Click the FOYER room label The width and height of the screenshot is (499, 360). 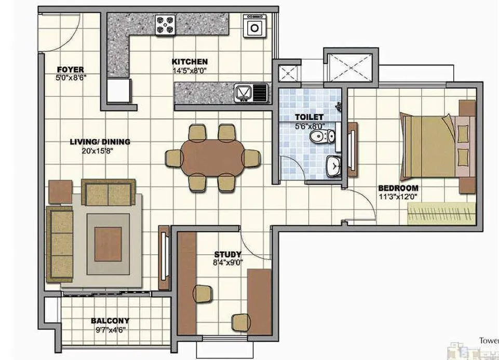tap(70, 70)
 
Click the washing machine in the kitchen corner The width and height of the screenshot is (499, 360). tap(254, 26)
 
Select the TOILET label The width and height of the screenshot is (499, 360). tap(309, 117)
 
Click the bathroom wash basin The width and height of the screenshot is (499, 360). tap(331, 166)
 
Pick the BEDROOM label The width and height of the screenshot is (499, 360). tap(398, 188)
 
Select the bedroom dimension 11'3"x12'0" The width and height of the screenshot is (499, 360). tap(398, 196)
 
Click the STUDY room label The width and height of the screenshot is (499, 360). tap(227, 254)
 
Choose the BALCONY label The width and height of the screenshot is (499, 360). tap(110, 321)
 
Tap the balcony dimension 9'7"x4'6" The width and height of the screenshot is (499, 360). tap(110, 329)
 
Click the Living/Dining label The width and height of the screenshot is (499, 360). tap(100, 142)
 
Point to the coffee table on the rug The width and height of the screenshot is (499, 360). tap(108, 244)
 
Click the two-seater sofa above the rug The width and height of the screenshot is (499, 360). tap(109, 192)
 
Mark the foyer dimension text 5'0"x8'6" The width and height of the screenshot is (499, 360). tap(70, 78)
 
